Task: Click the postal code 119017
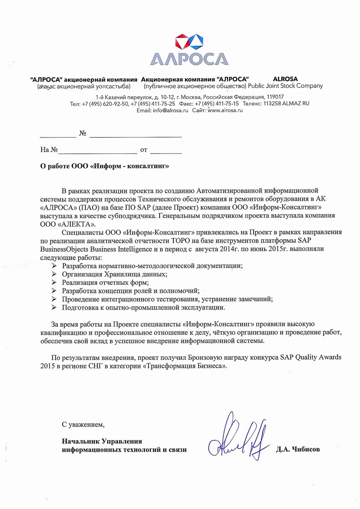pyautogui.click(x=275, y=97)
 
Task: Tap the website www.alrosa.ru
pyautogui.click(x=225, y=111)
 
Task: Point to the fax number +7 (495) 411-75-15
pyautogui.click(x=215, y=104)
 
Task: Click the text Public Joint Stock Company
pyautogui.click(x=285, y=86)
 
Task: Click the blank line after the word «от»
pyautogui.click(x=166, y=150)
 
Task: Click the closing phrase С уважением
pyautogui.click(x=83, y=425)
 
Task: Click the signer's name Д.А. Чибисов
pyautogui.click(x=298, y=449)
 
